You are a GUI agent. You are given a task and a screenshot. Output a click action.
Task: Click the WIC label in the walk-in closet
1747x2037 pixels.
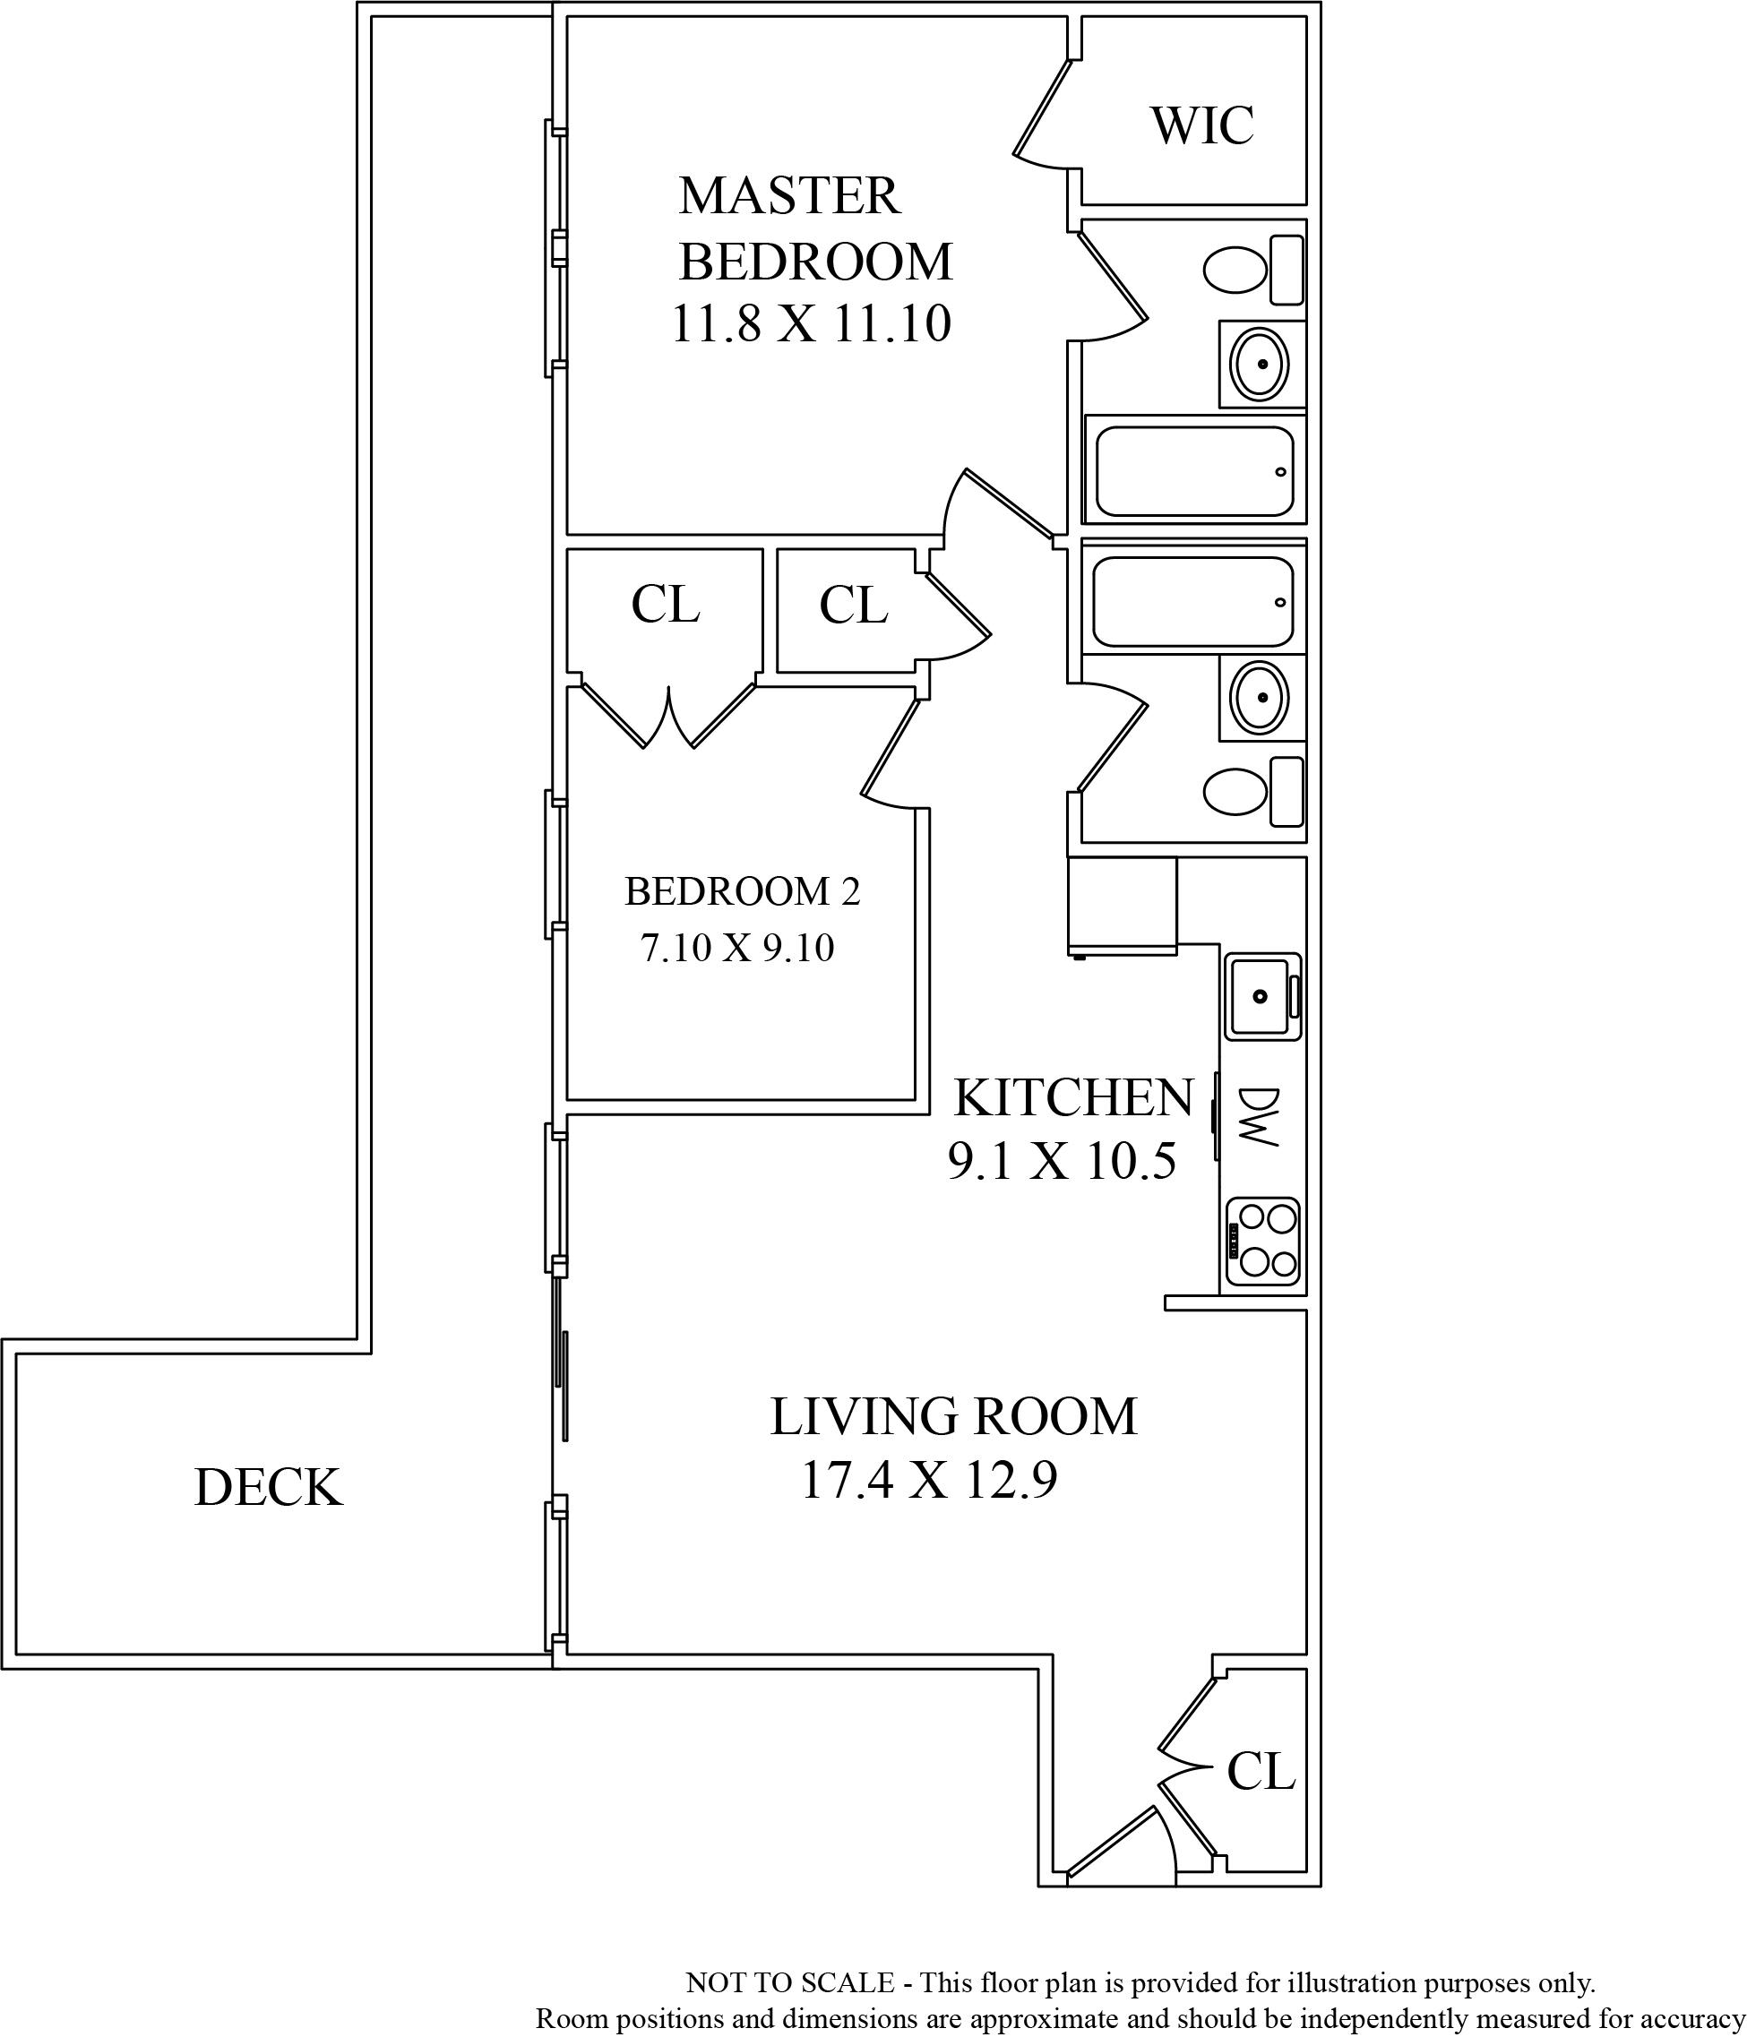[1201, 125]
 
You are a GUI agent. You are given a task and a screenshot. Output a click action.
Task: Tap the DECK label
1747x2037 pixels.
[269, 1488]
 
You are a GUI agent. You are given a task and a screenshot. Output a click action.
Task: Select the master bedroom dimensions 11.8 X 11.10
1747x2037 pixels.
[811, 323]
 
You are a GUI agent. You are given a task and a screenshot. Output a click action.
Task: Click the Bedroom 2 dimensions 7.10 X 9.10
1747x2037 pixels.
[737, 948]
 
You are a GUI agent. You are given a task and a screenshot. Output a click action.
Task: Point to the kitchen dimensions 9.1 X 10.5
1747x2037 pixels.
[1062, 1162]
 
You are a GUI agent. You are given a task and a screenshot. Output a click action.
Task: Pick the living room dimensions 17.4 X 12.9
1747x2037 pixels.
[929, 1481]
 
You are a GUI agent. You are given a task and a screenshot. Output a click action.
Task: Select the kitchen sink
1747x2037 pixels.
[1263, 996]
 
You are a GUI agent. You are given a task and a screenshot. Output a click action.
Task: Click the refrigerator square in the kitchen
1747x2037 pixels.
[1122, 906]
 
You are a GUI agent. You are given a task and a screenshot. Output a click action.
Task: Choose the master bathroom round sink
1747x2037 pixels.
[1261, 364]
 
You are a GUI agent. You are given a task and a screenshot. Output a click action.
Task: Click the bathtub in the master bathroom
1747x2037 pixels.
[1194, 471]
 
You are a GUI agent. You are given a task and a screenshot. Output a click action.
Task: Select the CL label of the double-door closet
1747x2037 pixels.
[666, 605]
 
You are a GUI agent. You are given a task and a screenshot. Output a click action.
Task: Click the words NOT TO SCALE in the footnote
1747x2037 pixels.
[789, 1983]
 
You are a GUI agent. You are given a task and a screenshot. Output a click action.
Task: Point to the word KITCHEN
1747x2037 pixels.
[1073, 1098]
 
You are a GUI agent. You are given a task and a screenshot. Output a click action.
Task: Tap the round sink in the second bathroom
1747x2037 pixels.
[1261, 697]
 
